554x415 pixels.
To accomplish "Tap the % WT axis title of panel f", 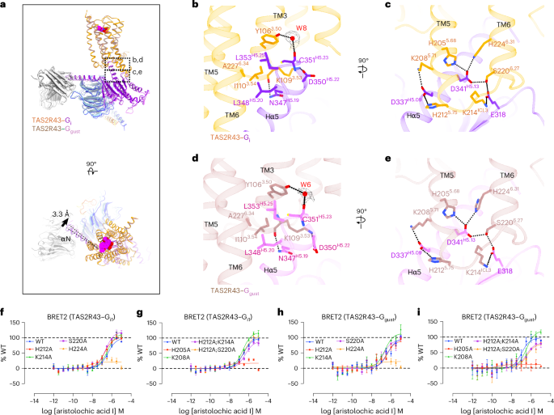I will click(7, 336).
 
